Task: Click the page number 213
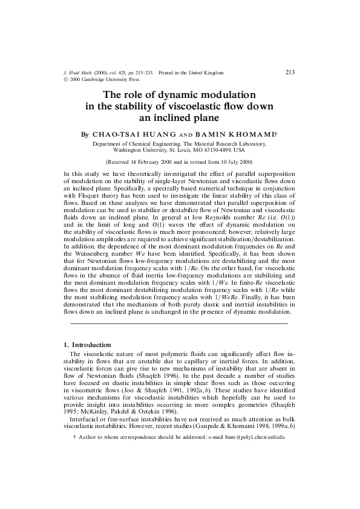pyautogui.click(x=290, y=73)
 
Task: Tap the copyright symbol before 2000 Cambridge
pyautogui.click(x=66, y=79)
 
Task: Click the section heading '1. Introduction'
pyautogui.click(x=87, y=345)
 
